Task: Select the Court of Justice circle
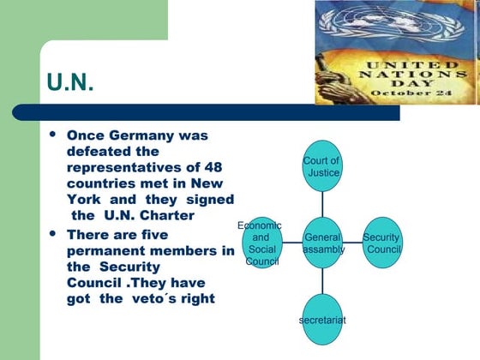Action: [x=322, y=167]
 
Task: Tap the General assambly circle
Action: [x=323, y=243]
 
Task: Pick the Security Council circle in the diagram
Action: [x=381, y=243]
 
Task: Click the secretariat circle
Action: [x=322, y=318]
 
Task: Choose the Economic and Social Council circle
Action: [x=261, y=243]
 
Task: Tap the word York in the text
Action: [x=86, y=200]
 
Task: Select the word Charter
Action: [x=171, y=215]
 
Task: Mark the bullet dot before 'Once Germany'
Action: [x=54, y=135]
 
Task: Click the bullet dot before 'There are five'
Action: [x=54, y=233]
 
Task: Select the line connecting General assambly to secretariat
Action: [x=322, y=282]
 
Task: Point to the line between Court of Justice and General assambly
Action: [x=322, y=205]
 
